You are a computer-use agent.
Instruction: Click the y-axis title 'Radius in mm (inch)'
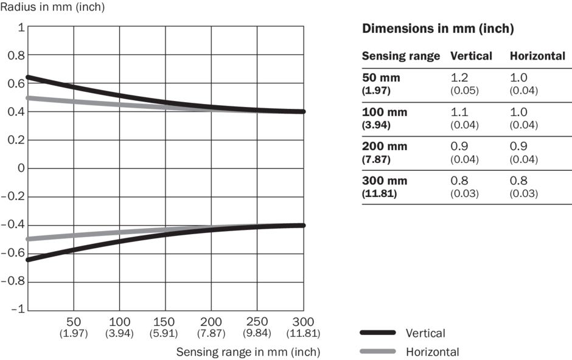click(52, 7)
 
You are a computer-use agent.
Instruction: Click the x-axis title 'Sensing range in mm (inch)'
click(248, 351)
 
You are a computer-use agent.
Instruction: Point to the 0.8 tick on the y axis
click(16, 55)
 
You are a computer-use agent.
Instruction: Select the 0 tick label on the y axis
click(21, 168)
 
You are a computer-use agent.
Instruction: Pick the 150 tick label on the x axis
click(166, 322)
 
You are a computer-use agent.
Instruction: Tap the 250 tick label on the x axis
click(257, 322)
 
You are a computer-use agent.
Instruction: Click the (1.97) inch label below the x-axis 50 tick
click(74, 333)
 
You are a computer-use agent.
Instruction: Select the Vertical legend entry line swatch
click(378, 333)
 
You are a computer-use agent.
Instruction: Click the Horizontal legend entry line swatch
click(378, 351)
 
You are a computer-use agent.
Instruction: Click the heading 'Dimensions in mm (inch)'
click(438, 29)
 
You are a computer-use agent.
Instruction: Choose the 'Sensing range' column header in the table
click(400, 56)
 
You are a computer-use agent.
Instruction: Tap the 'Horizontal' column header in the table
click(537, 56)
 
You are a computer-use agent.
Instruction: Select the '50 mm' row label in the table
click(381, 78)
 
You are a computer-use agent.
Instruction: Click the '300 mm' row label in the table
click(385, 181)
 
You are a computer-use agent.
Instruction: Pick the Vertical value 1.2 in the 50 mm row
click(460, 78)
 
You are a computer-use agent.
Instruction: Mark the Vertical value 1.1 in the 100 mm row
click(459, 112)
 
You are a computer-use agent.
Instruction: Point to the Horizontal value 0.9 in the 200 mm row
click(519, 147)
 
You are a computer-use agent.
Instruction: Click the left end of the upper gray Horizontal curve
click(29, 98)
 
